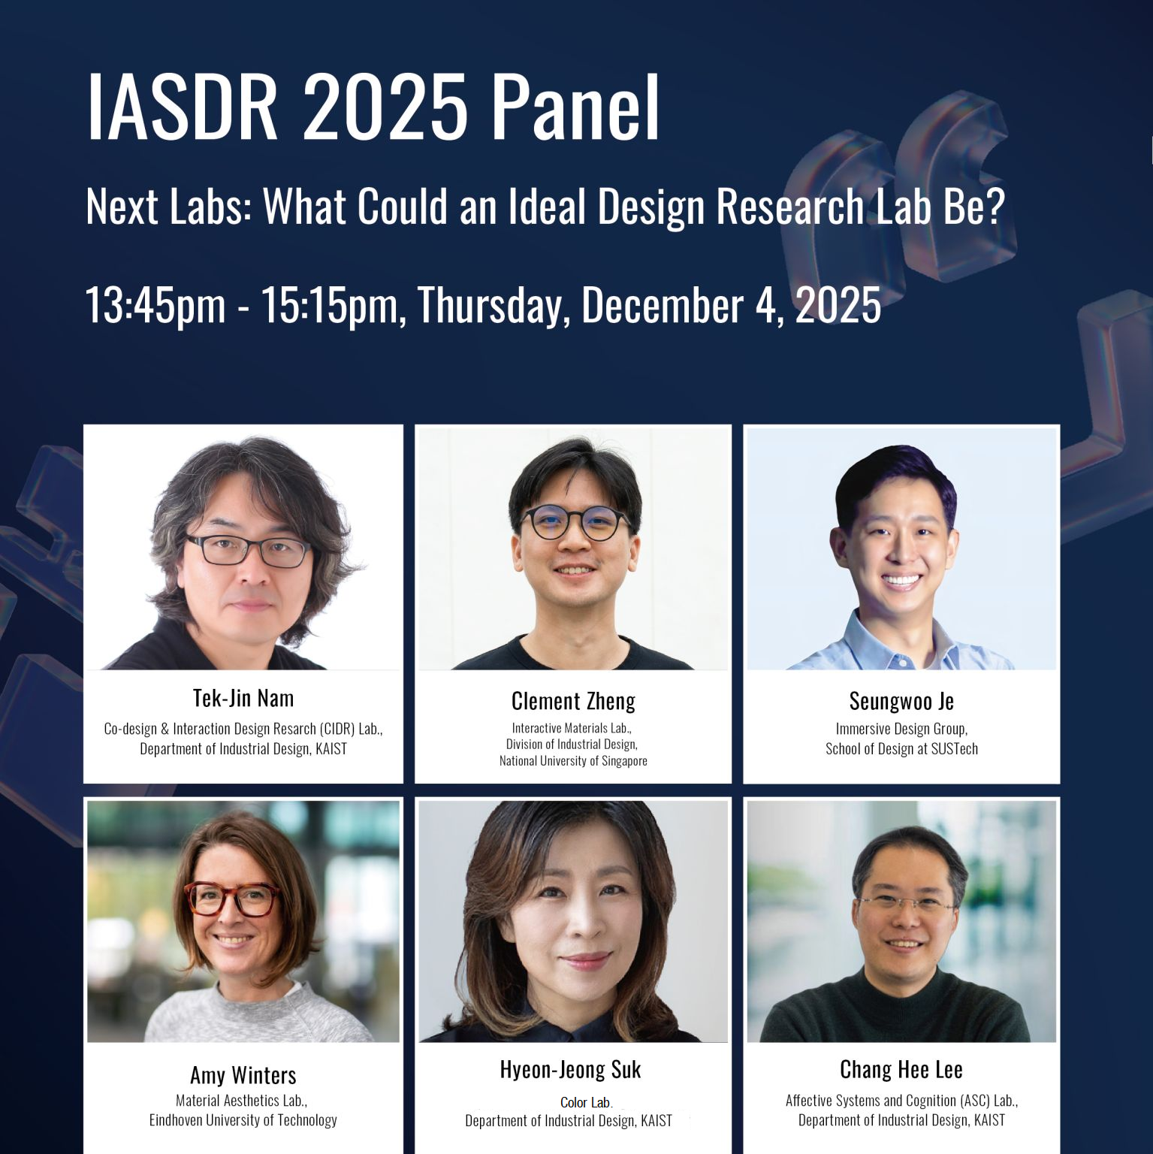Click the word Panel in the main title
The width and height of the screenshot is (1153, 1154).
[575, 107]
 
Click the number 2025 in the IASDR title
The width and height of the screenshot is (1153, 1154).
[385, 107]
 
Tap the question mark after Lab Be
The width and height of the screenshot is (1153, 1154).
[993, 206]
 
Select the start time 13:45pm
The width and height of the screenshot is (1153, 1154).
[155, 305]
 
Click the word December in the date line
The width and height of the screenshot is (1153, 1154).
[662, 305]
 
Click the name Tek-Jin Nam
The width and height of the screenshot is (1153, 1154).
[243, 698]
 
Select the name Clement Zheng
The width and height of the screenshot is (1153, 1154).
[573, 701]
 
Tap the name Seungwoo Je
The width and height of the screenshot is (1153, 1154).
[901, 701]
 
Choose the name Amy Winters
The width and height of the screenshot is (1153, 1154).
[243, 1075]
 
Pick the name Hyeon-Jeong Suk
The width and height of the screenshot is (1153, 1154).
[571, 1069]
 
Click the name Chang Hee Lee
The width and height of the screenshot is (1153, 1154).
[901, 1069]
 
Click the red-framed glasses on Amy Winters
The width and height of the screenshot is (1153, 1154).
[232, 899]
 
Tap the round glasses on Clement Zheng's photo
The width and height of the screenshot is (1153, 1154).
[575, 522]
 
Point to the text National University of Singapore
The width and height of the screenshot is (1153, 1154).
[573, 761]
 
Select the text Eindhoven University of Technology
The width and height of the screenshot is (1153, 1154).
[243, 1120]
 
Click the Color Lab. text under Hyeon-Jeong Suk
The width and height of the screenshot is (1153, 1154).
[586, 1102]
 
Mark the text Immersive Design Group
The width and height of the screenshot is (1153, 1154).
[901, 729]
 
